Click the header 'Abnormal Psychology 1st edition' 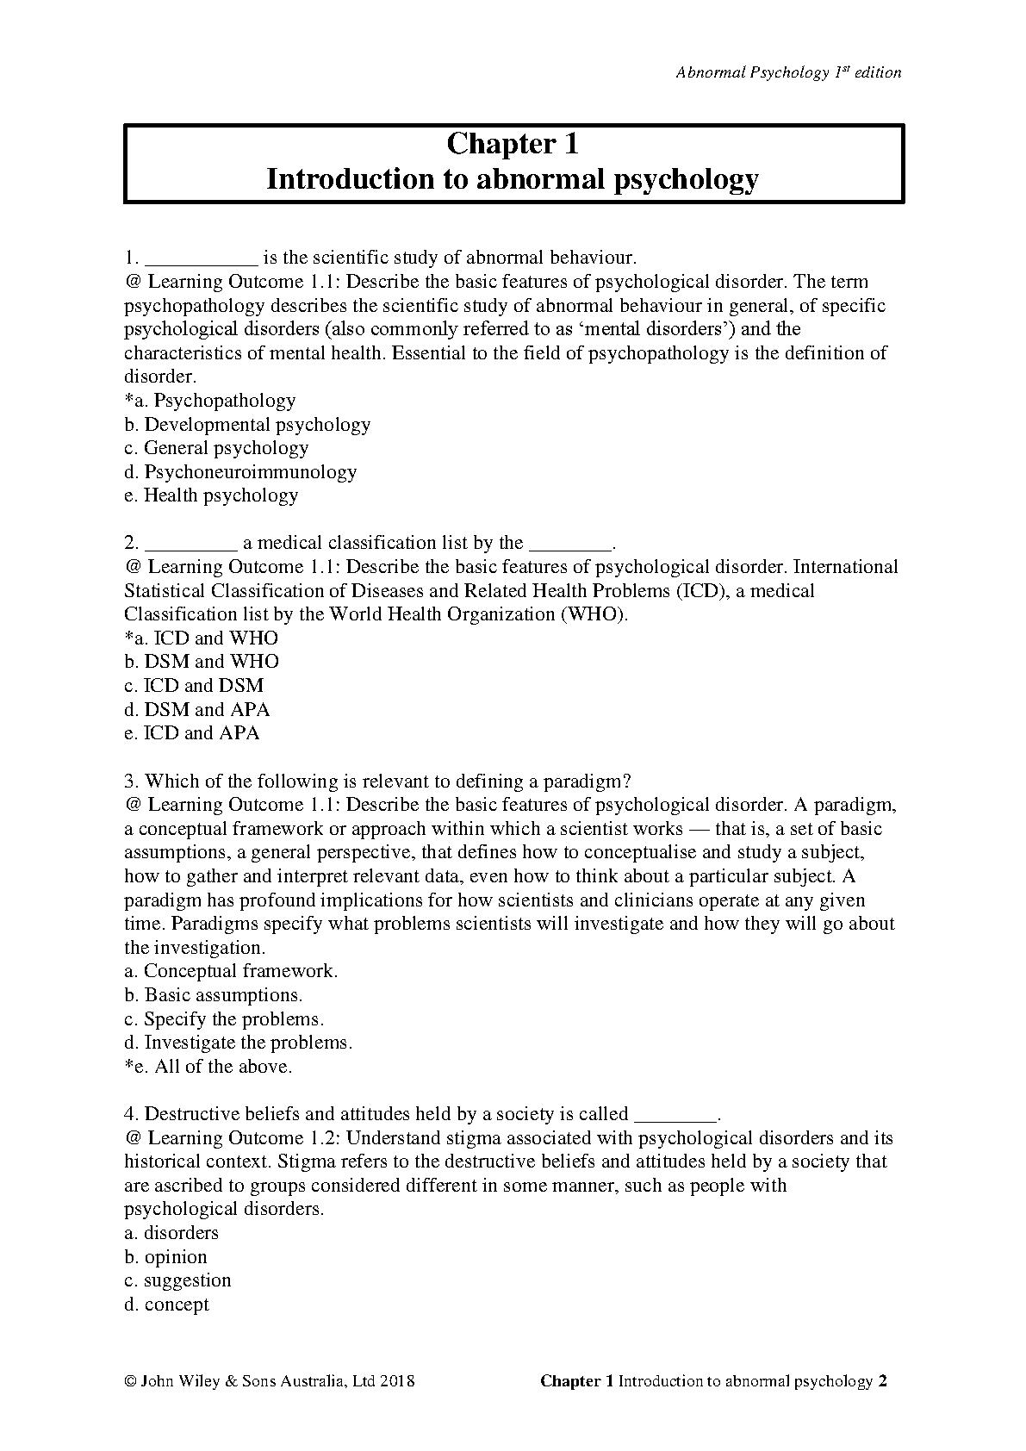[788, 72]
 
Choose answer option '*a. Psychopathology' [210, 400]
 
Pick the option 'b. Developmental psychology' [247, 424]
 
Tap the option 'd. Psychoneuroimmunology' [240, 471]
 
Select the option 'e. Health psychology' [211, 495]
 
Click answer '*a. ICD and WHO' [202, 638]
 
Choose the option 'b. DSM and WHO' [202, 662]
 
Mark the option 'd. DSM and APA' [197, 709]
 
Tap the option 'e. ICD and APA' [192, 733]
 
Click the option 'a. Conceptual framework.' [231, 971]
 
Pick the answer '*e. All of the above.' [208, 1067]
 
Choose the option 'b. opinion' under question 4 [166, 1257]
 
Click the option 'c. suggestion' [178, 1280]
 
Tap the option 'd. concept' [167, 1305]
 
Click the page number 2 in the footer [882, 1381]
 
